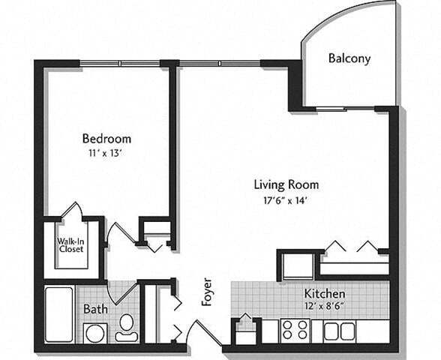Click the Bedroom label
click(106, 139)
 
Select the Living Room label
click(286, 184)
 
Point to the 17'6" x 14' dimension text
click(286, 199)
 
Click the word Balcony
click(349, 58)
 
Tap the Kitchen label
click(324, 293)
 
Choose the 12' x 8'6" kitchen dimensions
click(324, 306)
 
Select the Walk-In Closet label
click(70, 245)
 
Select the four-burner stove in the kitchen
click(295, 329)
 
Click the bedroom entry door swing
click(118, 236)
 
